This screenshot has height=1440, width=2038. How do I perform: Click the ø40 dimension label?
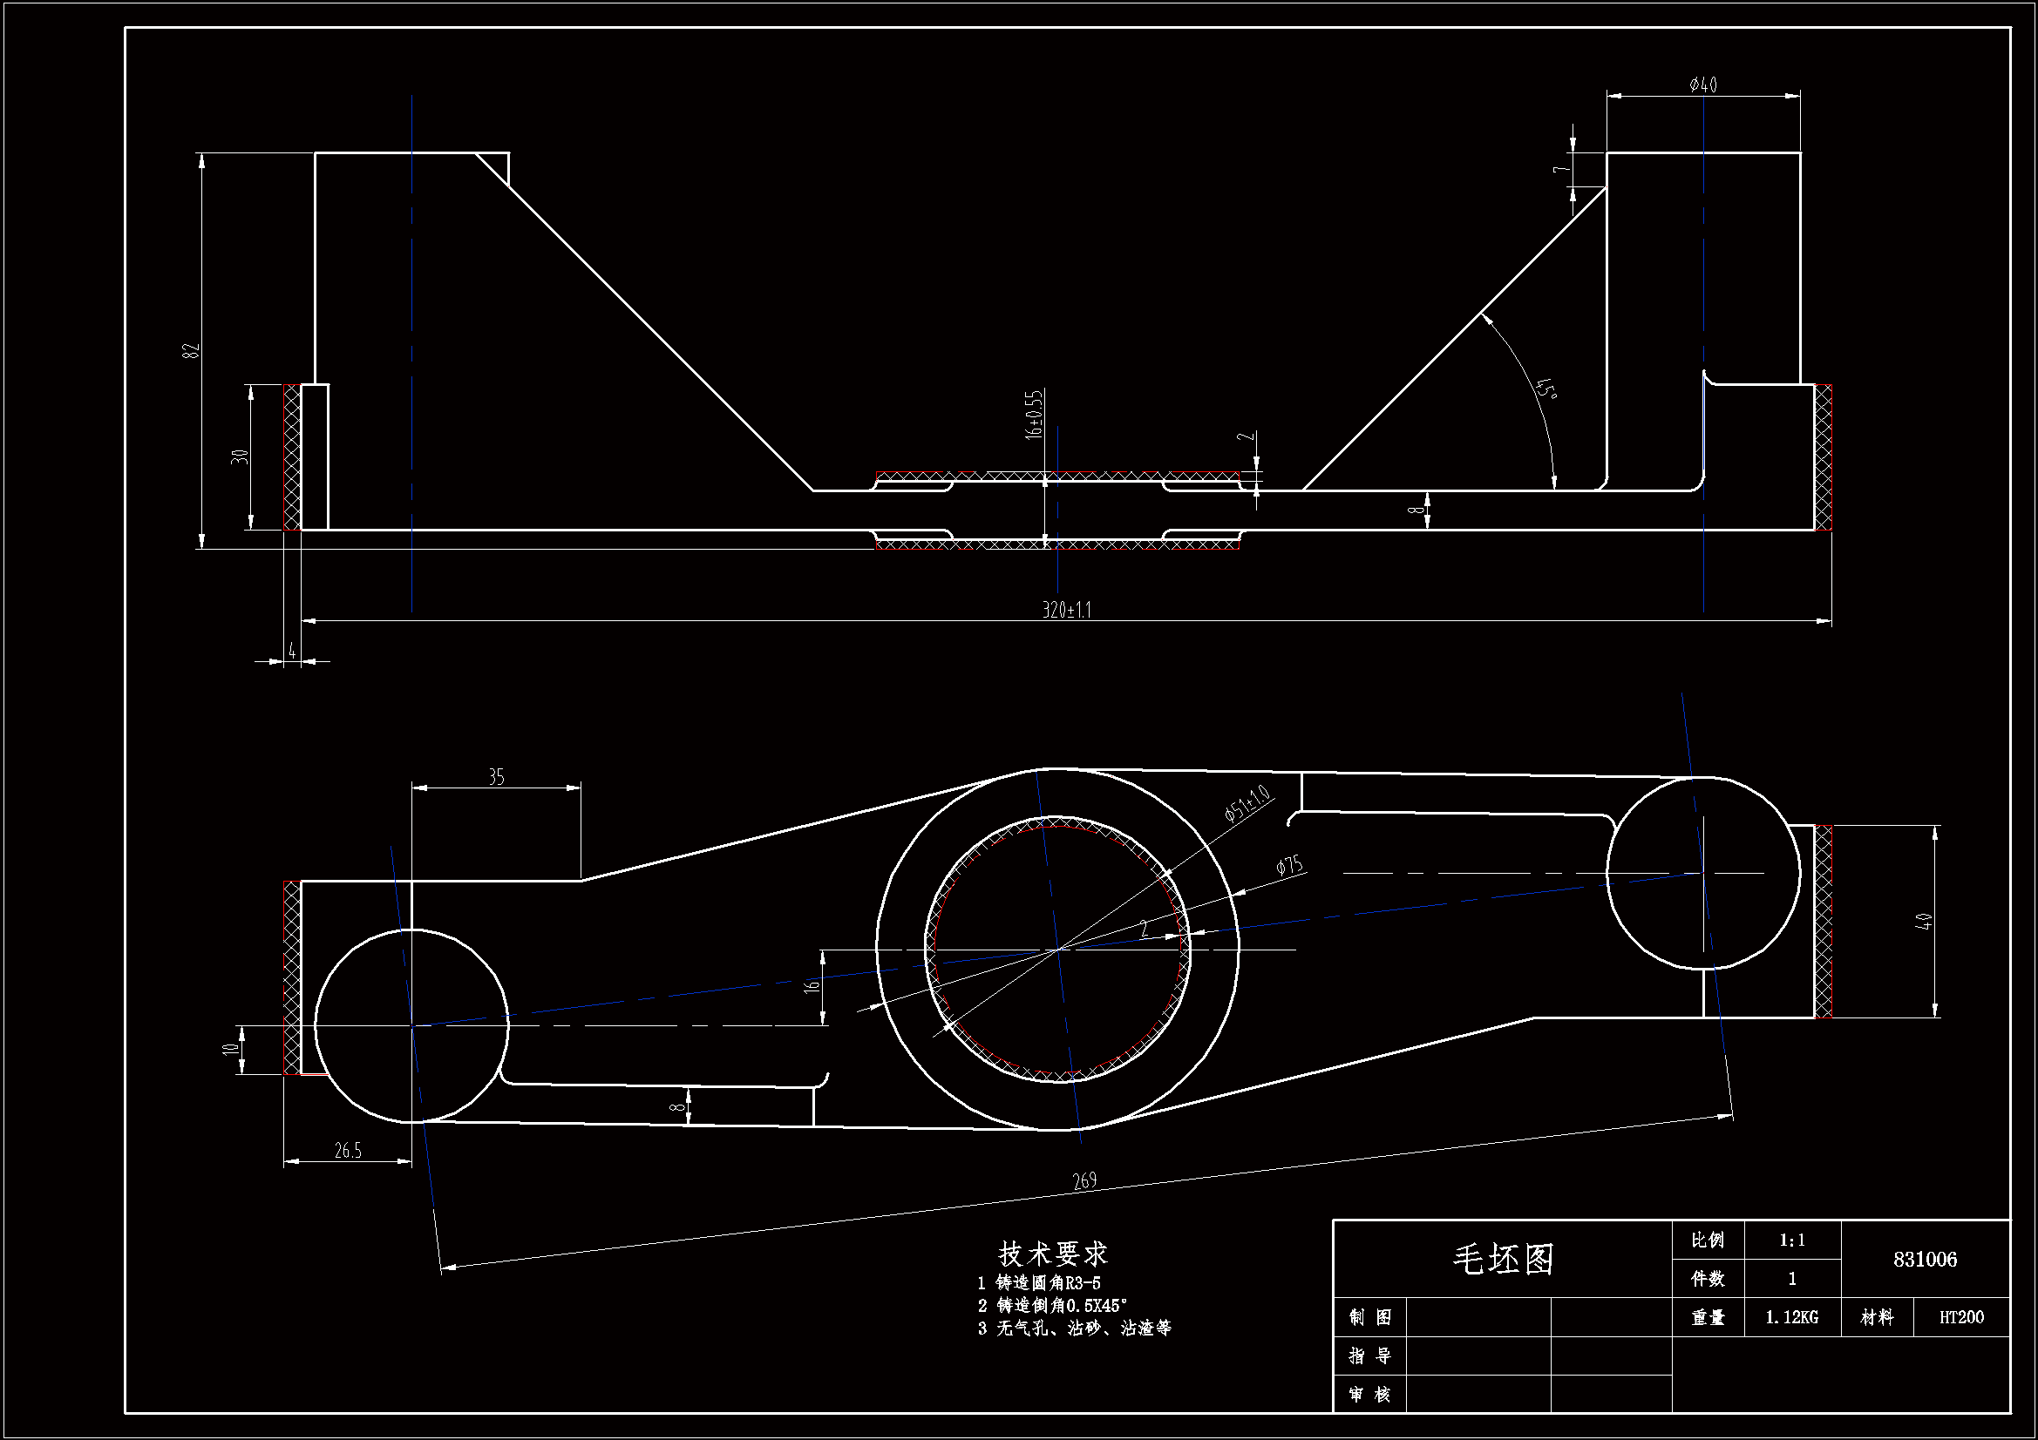pos(1703,85)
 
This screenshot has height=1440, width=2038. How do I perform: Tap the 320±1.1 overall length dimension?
pos(1066,610)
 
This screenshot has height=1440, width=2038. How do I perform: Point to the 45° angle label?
pos(1546,389)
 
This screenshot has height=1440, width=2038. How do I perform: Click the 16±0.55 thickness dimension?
pos(1035,415)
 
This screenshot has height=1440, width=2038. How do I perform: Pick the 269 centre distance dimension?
pos(1084,1180)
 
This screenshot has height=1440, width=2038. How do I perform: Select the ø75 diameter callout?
pos(1289,866)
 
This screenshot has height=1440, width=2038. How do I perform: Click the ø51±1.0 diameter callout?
pos(1247,805)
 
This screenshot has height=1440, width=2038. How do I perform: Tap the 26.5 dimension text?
pos(348,1151)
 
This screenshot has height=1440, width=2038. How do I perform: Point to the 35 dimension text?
pos(496,777)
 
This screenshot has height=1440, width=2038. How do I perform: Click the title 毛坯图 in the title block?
pos(1503,1259)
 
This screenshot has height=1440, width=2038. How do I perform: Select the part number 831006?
pos(1925,1259)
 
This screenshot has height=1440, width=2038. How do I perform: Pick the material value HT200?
pos(1960,1317)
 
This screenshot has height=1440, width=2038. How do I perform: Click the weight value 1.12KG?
pos(1791,1317)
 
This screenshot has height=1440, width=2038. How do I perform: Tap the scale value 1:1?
pos(1792,1241)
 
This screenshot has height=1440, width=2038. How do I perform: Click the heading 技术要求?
pos(1053,1254)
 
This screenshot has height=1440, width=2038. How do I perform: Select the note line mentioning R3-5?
pos(1039,1283)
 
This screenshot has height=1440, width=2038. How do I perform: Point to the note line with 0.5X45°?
pos(1053,1306)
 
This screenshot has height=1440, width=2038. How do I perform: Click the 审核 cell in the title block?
pos(1369,1395)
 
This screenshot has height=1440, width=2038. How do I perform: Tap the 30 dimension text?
pos(240,457)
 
